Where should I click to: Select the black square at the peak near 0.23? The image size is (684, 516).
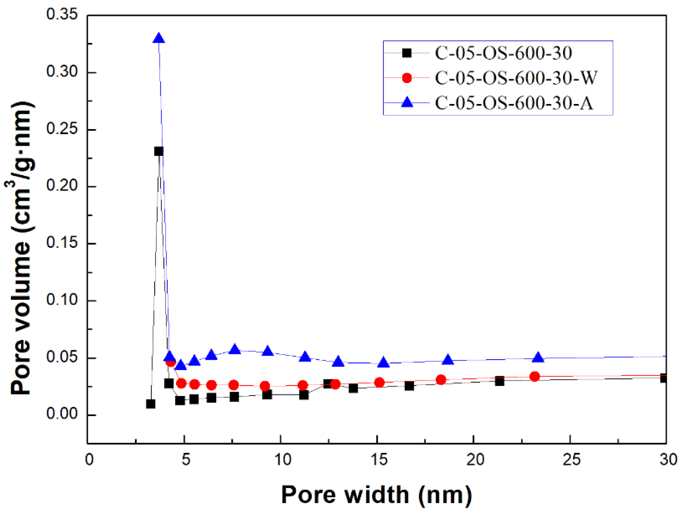click(159, 151)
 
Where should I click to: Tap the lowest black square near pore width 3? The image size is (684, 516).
click(151, 404)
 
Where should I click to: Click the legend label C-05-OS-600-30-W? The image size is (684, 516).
click(516, 78)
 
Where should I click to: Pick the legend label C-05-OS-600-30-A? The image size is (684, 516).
click(514, 103)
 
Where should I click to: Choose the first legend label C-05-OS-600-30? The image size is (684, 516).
click(504, 53)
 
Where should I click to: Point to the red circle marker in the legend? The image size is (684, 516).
click(407, 78)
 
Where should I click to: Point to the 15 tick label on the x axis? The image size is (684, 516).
click(379, 460)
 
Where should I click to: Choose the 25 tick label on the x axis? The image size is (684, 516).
click(571, 460)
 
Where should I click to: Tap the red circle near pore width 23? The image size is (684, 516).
click(535, 376)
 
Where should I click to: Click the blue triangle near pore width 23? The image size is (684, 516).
click(538, 357)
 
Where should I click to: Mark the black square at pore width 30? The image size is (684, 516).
click(663, 378)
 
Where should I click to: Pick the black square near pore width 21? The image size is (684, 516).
click(499, 381)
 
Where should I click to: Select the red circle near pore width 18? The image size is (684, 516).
click(441, 380)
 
